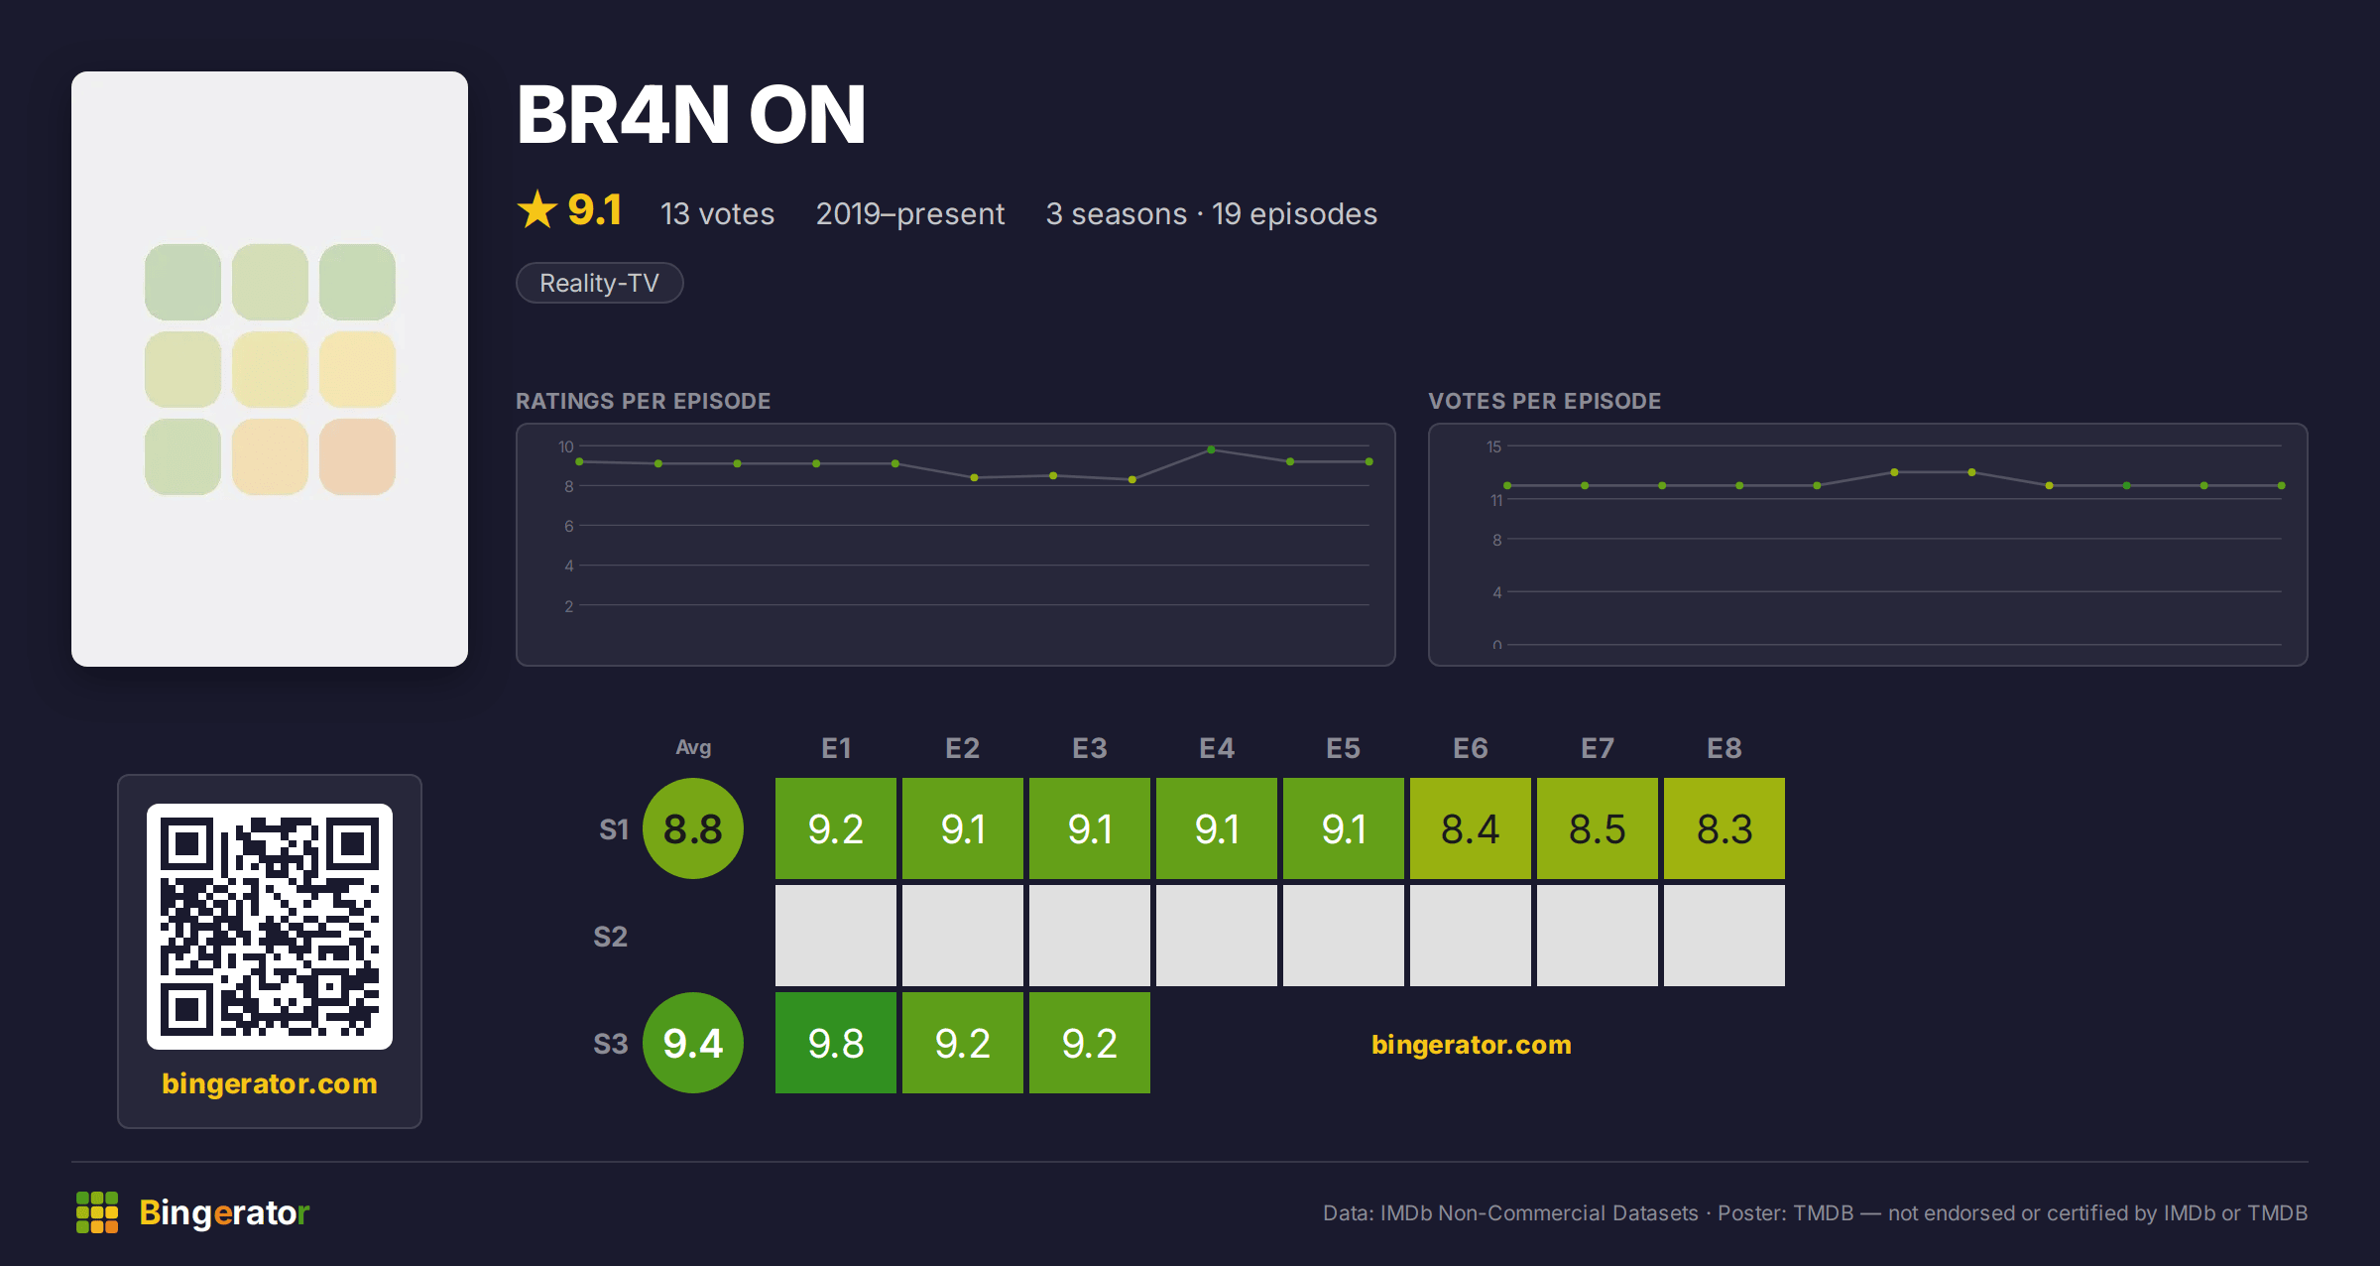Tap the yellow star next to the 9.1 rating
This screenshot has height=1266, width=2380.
(537, 209)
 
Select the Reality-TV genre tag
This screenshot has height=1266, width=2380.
(599, 283)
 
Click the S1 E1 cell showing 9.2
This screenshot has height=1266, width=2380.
(836, 828)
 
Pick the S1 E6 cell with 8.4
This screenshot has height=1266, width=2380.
(1471, 828)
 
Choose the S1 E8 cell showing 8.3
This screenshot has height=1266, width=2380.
(1725, 828)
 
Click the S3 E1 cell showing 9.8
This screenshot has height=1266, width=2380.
(836, 1043)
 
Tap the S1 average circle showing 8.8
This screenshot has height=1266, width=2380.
(693, 828)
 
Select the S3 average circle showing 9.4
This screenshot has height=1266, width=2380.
(693, 1043)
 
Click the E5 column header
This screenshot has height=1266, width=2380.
(1344, 748)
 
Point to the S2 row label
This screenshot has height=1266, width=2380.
(611, 937)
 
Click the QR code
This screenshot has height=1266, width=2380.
(270, 927)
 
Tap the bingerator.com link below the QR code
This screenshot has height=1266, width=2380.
(270, 1083)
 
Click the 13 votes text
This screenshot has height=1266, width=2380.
(717, 213)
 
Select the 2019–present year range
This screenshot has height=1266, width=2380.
(910, 213)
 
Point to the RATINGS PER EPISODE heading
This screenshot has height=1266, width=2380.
(643, 401)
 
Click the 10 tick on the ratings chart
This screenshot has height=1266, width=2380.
(566, 446)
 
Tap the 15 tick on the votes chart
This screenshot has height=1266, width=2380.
(1493, 446)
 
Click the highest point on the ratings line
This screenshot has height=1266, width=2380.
(1211, 449)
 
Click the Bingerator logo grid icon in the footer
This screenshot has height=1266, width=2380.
(97, 1212)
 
